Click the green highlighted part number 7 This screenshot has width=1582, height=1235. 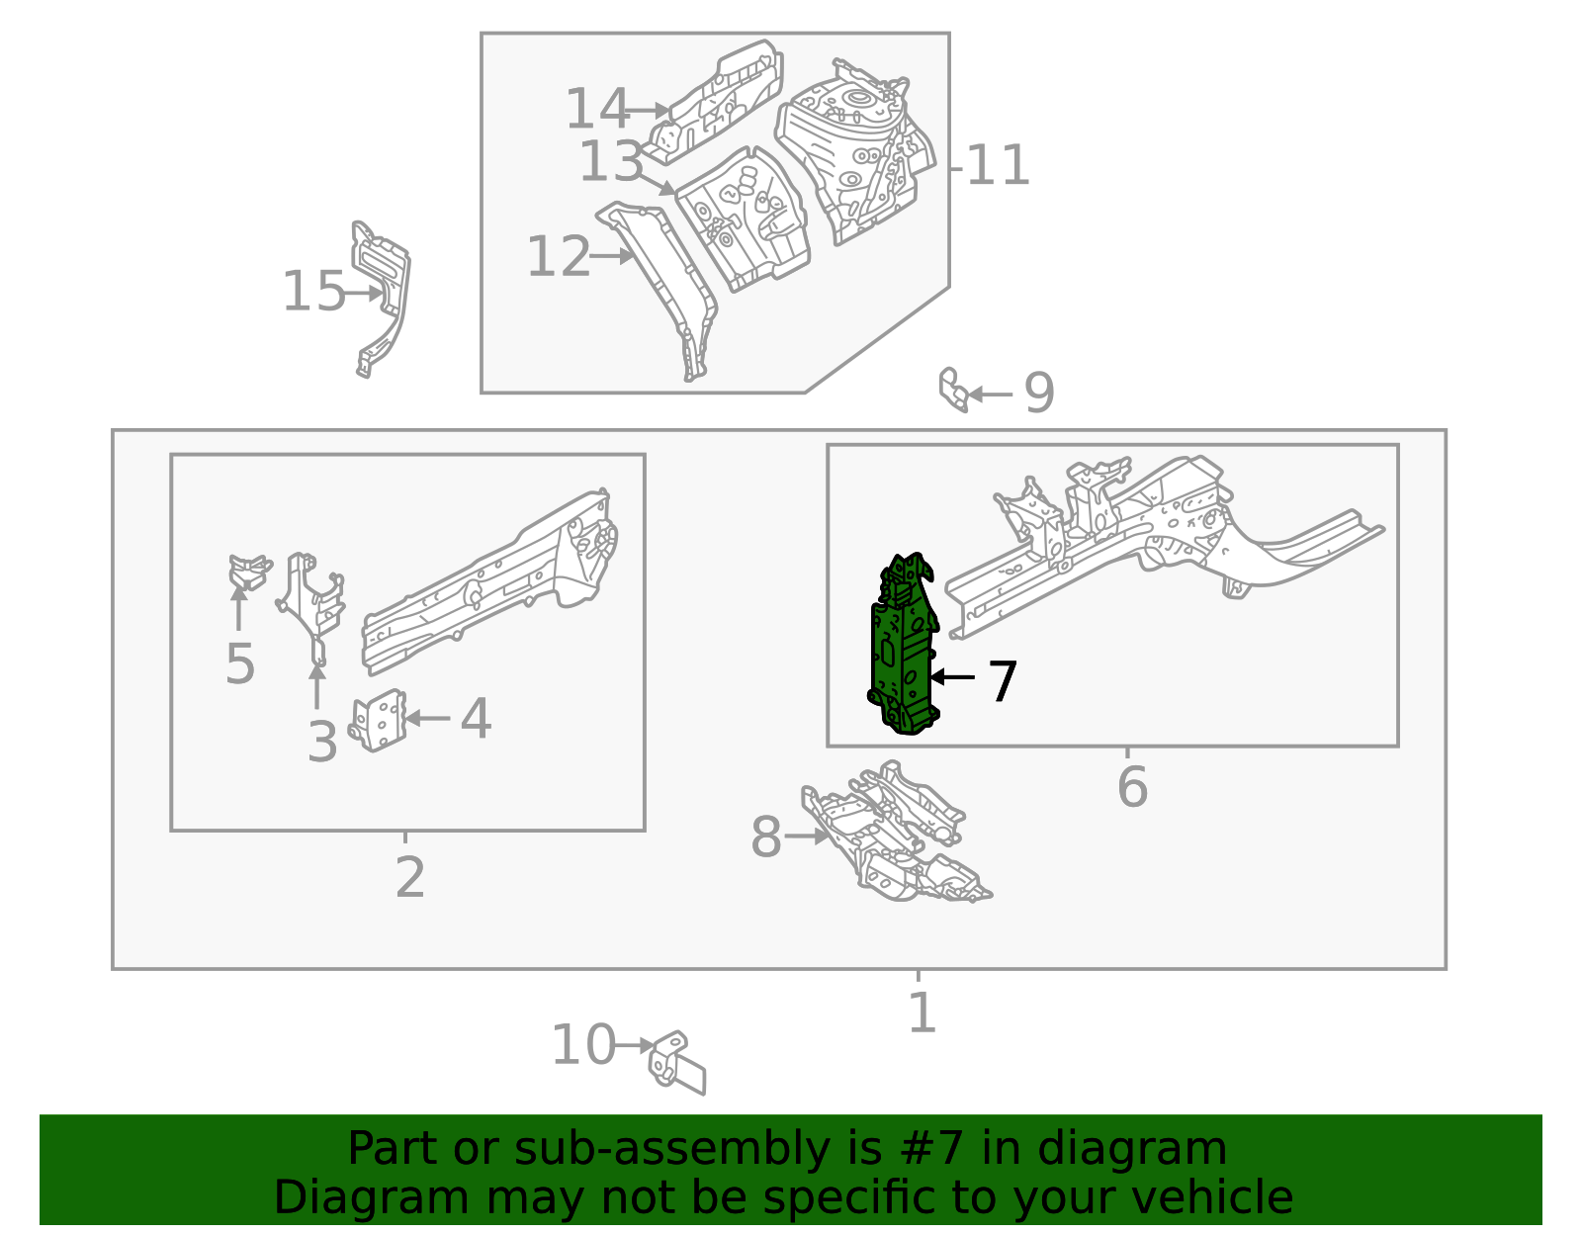[x=903, y=648]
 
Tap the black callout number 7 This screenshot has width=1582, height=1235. [x=1003, y=681]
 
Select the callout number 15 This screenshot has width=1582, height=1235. [x=313, y=293]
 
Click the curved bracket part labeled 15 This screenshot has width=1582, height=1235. [x=384, y=297]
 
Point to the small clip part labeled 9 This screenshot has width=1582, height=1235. [x=952, y=390]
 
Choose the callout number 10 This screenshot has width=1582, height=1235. [x=582, y=1046]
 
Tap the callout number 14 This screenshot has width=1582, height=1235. [x=596, y=109]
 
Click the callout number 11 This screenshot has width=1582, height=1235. [x=998, y=166]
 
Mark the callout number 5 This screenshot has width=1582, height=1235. [x=240, y=663]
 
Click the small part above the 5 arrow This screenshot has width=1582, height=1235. [x=248, y=572]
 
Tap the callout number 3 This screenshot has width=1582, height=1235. [x=321, y=742]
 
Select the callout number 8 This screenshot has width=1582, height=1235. [x=766, y=838]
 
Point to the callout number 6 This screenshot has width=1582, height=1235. [x=1132, y=788]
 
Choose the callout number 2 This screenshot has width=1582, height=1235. [x=409, y=877]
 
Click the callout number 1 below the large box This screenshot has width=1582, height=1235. [x=922, y=1014]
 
